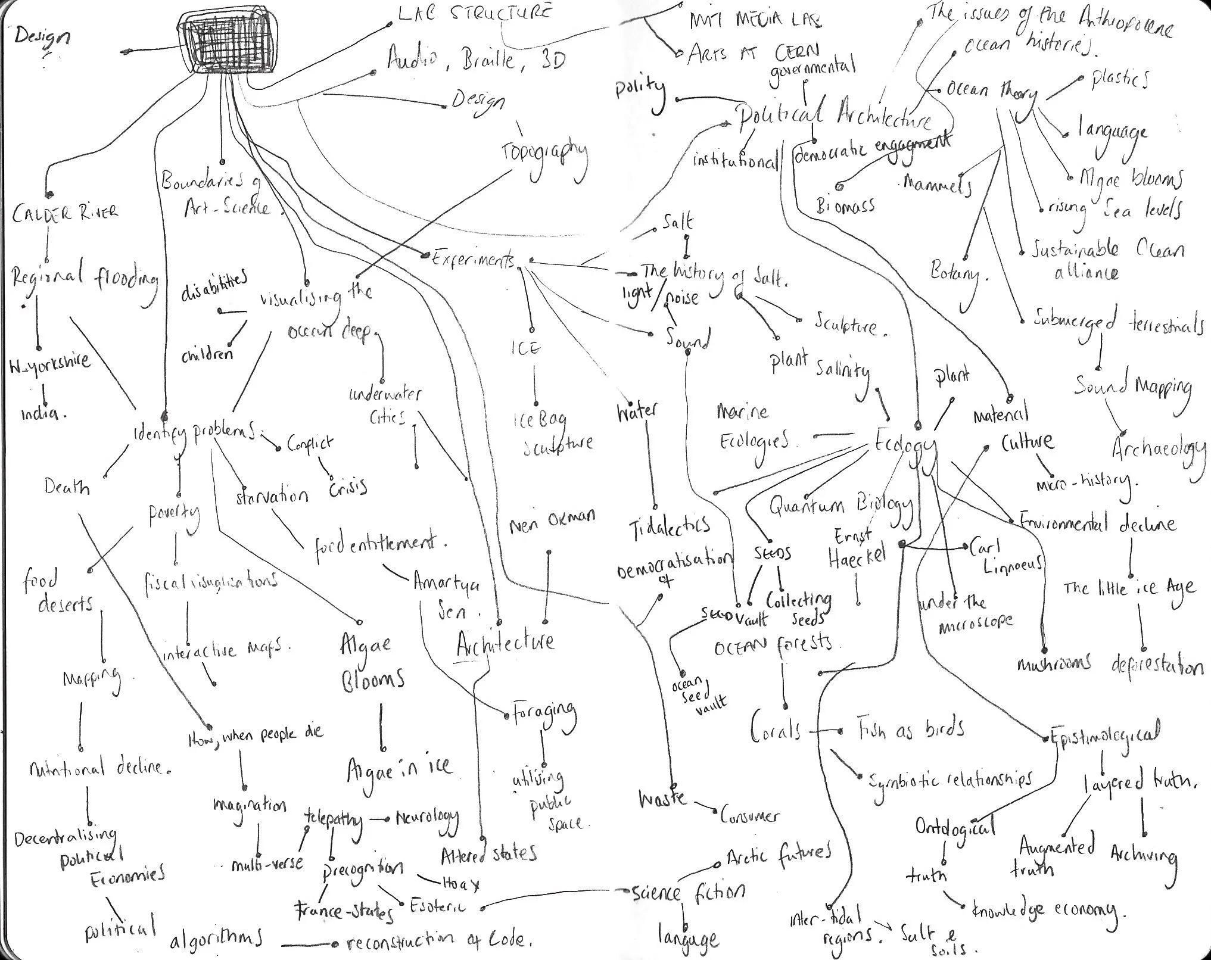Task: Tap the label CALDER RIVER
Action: tap(65, 213)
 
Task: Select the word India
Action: tap(40, 412)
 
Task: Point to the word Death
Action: tap(67, 487)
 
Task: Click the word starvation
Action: tap(272, 496)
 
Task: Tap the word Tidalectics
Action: tap(670, 526)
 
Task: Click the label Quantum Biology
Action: tap(840, 504)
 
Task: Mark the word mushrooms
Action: tap(1054, 663)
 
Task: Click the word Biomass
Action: tap(845, 205)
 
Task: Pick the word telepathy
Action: tap(333, 819)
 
